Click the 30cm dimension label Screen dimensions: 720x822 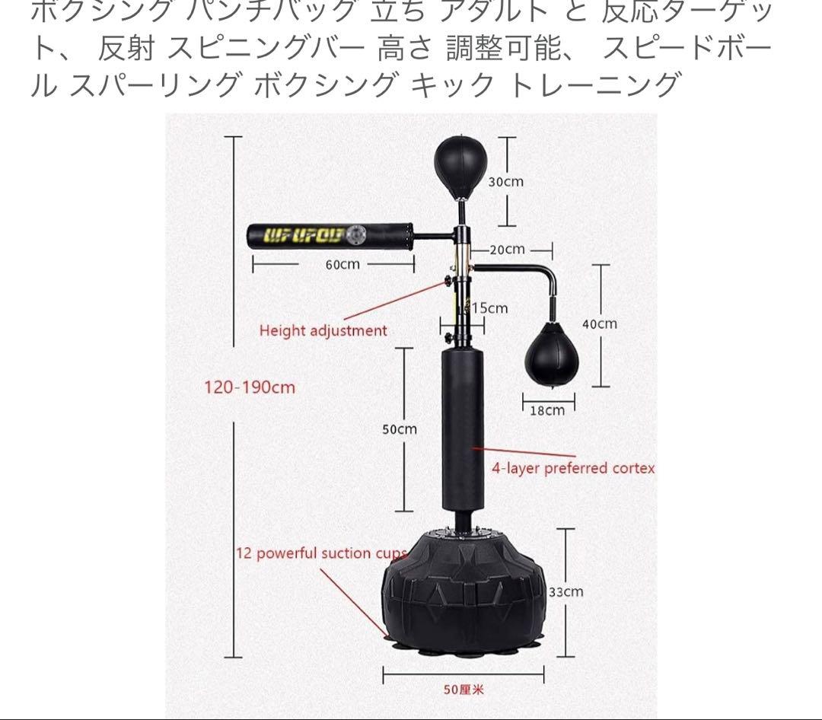[x=505, y=182]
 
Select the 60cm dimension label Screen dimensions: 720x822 [x=342, y=264]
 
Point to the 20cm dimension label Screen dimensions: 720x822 [x=507, y=249]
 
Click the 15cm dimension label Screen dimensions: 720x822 [x=489, y=308]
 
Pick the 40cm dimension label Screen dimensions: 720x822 [x=600, y=323]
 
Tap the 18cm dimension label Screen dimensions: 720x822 [x=547, y=410]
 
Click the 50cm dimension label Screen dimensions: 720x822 [x=400, y=429]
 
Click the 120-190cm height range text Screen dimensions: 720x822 [x=249, y=387]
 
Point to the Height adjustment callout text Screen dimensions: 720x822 [x=323, y=330]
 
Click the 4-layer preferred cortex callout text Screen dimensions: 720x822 [x=572, y=468]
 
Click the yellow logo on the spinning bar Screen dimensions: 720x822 [x=304, y=234]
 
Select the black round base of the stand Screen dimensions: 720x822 [x=464, y=594]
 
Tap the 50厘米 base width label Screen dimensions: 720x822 [x=464, y=690]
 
